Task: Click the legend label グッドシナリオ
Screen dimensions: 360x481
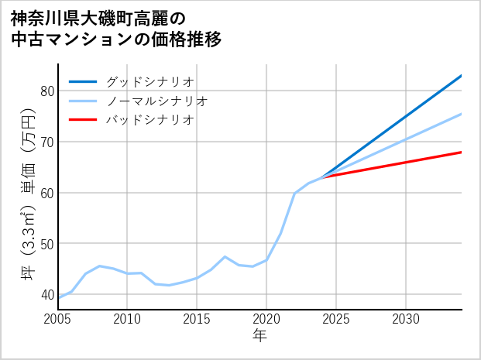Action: click(x=149, y=81)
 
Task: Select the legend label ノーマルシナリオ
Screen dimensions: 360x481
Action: click(x=156, y=101)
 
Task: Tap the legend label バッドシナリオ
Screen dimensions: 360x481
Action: click(x=149, y=120)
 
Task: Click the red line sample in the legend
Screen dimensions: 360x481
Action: click(x=83, y=120)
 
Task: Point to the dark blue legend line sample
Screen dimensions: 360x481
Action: click(x=83, y=81)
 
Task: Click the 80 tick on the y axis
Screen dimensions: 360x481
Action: click(x=46, y=91)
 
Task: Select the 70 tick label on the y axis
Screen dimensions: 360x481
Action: click(x=46, y=142)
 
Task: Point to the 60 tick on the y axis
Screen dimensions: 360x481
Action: click(x=46, y=193)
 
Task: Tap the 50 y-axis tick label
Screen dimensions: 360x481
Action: click(x=46, y=244)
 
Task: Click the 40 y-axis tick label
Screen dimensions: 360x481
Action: click(x=46, y=295)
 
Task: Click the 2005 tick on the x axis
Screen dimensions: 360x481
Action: click(x=57, y=319)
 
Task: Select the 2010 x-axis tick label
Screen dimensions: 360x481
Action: click(x=127, y=319)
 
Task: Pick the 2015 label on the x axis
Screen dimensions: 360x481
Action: click(x=197, y=319)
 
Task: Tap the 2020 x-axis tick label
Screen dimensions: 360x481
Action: click(x=266, y=319)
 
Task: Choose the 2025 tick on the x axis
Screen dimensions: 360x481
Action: click(x=336, y=319)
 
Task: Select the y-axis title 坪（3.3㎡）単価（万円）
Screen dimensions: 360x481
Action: click(x=29, y=194)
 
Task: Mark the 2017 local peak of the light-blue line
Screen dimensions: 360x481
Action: click(x=225, y=256)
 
